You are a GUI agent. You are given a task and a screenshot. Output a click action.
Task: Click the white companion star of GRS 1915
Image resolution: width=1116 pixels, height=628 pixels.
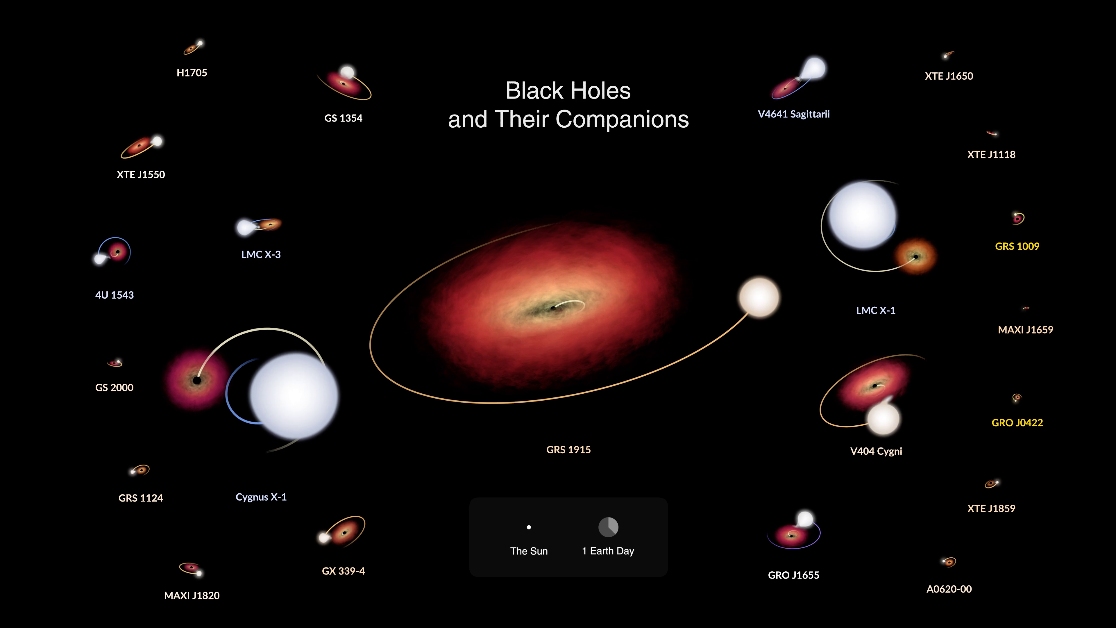pyautogui.click(x=759, y=298)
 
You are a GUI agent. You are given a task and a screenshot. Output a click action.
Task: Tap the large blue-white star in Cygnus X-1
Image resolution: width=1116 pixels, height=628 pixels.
pyautogui.click(x=294, y=395)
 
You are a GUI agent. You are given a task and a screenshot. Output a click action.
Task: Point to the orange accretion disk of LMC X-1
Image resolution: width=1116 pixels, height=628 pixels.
pyautogui.click(x=915, y=256)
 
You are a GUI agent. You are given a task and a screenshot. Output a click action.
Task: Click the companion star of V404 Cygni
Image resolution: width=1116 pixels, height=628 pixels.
pyautogui.click(x=884, y=419)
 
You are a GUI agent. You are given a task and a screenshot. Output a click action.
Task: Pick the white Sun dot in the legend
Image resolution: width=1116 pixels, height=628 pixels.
pyautogui.click(x=529, y=527)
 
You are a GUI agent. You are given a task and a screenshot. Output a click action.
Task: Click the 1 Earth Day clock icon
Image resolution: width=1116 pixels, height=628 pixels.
pyautogui.click(x=608, y=527)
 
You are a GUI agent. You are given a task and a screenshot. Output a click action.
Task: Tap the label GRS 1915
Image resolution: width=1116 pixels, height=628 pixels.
pyautogui.click(x=568, y=450)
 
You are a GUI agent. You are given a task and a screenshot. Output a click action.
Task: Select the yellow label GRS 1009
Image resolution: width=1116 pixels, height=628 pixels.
pyautogui.click(x=1017, y=246)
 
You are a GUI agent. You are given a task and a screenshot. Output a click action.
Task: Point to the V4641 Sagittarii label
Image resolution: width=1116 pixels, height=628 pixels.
pyautogui.click(x=794, y=114)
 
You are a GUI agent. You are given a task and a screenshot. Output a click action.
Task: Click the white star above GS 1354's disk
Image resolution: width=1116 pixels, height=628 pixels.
pyautogui.click(x=347, y=72)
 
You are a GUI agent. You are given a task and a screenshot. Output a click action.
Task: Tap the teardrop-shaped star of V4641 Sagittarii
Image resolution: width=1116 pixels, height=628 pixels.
pyautogui.click(x=812, y=69)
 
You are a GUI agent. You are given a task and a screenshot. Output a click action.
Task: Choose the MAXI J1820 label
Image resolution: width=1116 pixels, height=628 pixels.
pyautogui.click(x=192, y=595)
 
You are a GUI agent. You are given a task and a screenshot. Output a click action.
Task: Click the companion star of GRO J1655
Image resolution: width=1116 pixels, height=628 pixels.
pyautogui.click(x=805, y=519)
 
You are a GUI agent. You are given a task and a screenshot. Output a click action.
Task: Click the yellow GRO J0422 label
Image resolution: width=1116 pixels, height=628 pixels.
pyautogui.click(x=1017, y=422)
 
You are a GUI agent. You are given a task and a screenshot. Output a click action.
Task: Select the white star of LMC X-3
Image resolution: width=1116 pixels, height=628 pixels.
pyautogui.click(x=245, y=227)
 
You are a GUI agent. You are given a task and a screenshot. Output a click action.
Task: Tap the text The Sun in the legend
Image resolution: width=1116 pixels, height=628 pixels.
pyautogui.click(x=529, y=551)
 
